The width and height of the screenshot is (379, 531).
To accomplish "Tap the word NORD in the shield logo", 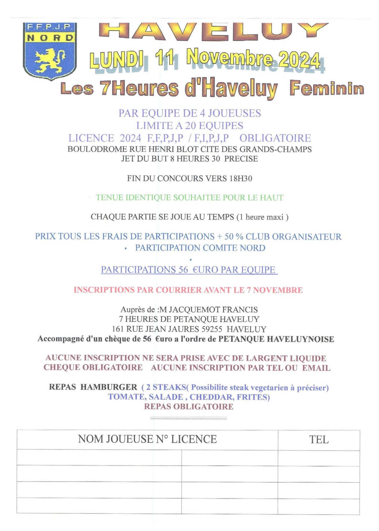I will (x=50, y=38).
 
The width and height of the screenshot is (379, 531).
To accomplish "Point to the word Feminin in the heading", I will (x=327, y=89).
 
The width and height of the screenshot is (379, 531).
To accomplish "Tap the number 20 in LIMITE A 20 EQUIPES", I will (x=191, y=126).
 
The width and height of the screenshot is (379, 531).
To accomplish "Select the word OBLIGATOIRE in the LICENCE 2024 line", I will (x=275, y=138).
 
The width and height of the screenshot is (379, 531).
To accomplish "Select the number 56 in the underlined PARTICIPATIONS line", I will (x=183, y=270).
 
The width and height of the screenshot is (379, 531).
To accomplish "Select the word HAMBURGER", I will (x=109, y=387).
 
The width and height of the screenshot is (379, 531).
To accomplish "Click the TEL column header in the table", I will (x=319, y=440).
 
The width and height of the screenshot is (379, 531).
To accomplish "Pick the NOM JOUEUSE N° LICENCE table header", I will (x=147, y=439).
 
